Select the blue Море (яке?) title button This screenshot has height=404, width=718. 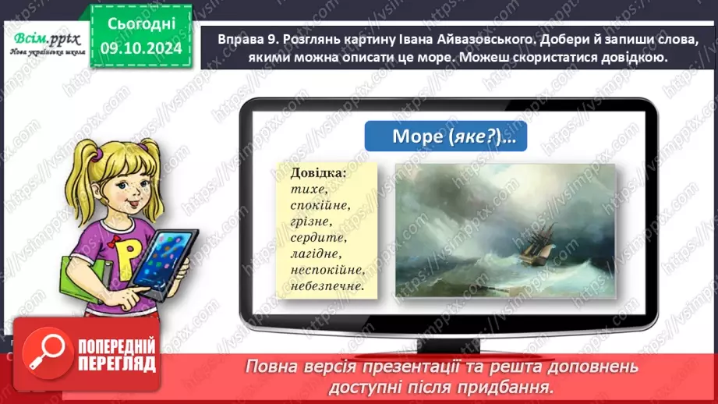point(445,136)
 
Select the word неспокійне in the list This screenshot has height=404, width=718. point(327,271)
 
